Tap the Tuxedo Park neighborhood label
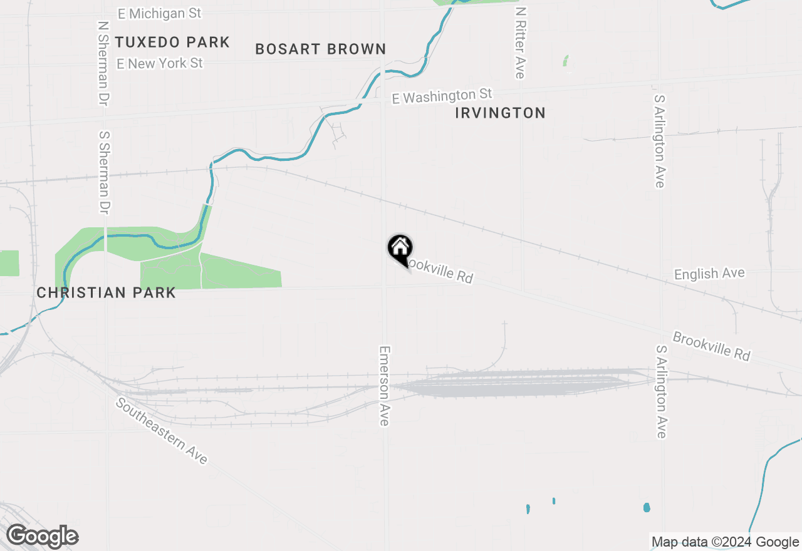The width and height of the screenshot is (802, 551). tap(172, 43)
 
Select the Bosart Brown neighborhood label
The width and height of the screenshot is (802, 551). tap(320, 49)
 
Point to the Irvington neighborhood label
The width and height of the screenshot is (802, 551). tap(500, 113)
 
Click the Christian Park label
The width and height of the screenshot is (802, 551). tap(106, 292)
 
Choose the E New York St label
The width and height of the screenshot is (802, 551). tap(160, 63)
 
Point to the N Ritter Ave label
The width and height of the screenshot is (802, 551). tap(519, 43)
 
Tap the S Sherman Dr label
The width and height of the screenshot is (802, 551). tap(104, 172)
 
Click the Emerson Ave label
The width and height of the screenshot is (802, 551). tap(385, 386)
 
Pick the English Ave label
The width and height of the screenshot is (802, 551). tap(709, 274)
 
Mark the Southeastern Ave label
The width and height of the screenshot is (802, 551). tap(161, 431)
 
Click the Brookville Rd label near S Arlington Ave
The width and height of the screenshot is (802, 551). tap(711, 346)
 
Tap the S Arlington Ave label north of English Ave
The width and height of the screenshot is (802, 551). tap(659, 141)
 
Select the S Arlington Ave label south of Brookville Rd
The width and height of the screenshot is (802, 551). tap(661, 391)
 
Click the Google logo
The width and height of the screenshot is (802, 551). tap(42, 537)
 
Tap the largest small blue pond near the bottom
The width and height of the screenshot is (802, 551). tap(647, 507)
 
